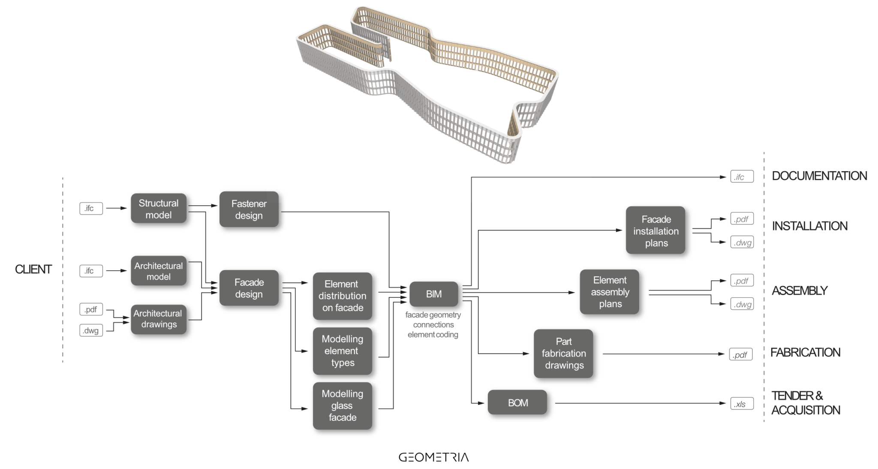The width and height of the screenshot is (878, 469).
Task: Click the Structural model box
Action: click(158, 209)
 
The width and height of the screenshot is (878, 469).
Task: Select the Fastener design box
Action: click(249, 209)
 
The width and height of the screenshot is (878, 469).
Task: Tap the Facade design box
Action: click(249, 288)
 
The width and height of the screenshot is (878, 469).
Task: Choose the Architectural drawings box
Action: click(158, 319)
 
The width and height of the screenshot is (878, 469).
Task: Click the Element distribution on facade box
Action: click(342, 296)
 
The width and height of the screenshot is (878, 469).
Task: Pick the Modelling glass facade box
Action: click(342, 405)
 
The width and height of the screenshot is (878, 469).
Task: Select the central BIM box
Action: click(433, 294)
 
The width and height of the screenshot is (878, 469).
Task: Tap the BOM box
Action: click(517, 402)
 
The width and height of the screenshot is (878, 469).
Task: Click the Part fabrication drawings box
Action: click(563, 354)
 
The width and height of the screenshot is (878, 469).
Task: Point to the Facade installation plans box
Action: click(655, 231)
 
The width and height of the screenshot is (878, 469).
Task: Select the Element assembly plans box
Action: click(610, 292)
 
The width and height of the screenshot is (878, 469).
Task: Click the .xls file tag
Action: click(741, 404)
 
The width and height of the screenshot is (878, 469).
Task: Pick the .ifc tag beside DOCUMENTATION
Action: click(741, 177)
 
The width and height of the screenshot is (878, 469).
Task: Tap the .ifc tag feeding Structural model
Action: click(91, 209)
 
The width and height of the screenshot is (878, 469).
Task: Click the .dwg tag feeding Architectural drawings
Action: click(91, 330)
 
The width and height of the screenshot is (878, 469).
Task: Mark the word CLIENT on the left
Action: click(33, 269)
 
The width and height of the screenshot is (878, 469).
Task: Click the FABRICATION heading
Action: click(805, 353)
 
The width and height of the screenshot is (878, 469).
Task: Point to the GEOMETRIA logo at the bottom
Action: click(433, 457)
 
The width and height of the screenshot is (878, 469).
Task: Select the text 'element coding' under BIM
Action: click(433, 335)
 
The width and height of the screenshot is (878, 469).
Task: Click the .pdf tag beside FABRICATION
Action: click(740, 354)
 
